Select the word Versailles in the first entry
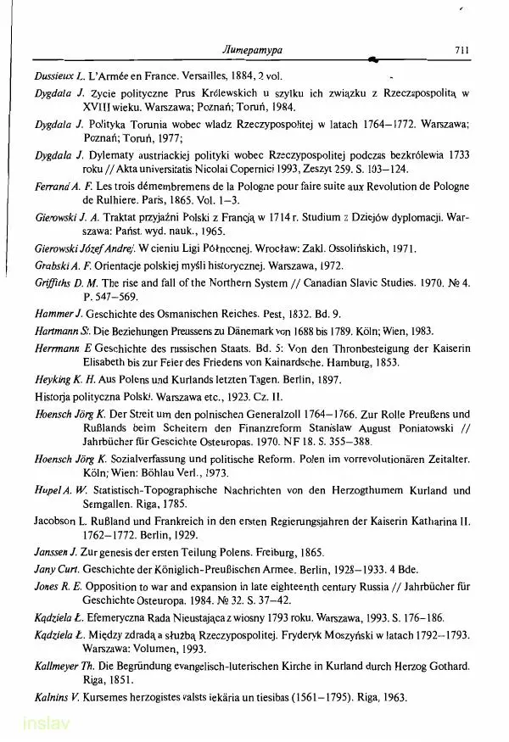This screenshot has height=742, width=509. (195, 75)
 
